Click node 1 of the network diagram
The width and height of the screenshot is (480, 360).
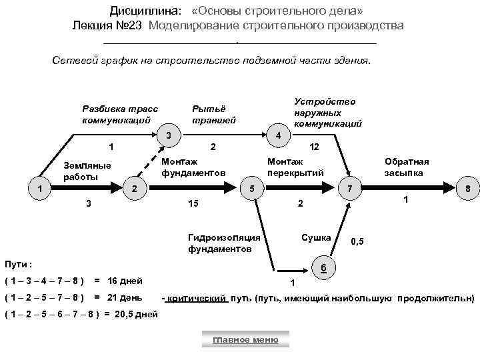(41, 189)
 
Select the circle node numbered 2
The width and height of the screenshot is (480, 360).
(135, 189)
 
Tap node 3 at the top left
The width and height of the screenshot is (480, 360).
(169, 136)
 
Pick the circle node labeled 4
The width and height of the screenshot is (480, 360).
(278, 136)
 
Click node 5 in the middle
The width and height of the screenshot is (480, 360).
(252, 189)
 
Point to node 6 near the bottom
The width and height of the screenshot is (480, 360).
(323, 268)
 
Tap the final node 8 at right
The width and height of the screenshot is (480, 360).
(467, 189)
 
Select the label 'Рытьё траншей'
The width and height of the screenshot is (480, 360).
(213, 115)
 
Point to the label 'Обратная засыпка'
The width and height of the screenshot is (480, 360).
(406, 167)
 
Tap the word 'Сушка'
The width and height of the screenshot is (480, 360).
(316, 237)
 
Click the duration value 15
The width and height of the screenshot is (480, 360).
(193, 202)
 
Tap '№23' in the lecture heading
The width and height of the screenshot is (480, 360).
(133, 25)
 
